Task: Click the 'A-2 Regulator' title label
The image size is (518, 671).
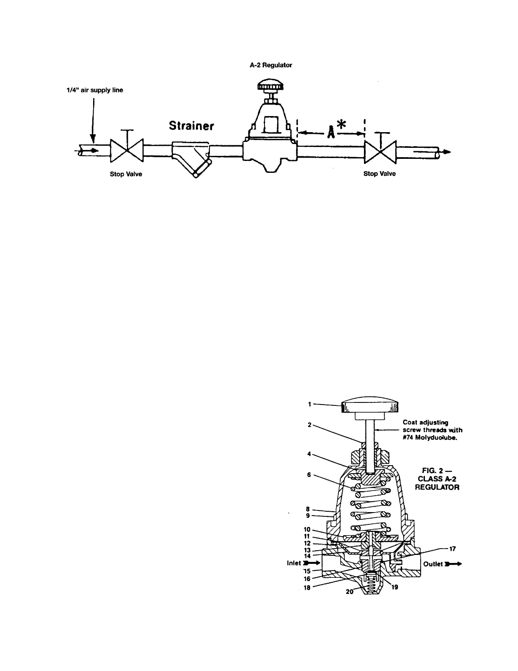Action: pos(271,66)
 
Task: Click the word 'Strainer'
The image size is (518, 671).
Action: pos(191,126)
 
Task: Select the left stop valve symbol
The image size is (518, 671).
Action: pos(126,150)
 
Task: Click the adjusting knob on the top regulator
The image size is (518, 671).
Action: pos(269,87)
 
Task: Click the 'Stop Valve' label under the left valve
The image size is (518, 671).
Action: pos(126,175)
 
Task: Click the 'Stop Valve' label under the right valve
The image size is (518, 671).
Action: pos(380,174)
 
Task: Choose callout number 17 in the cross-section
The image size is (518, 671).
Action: pos(452,549)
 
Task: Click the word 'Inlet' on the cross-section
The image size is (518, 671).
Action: pos(294,563)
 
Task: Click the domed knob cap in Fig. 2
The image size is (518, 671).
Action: pos(371,405)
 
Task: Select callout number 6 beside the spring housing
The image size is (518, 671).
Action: pos(309,475)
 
